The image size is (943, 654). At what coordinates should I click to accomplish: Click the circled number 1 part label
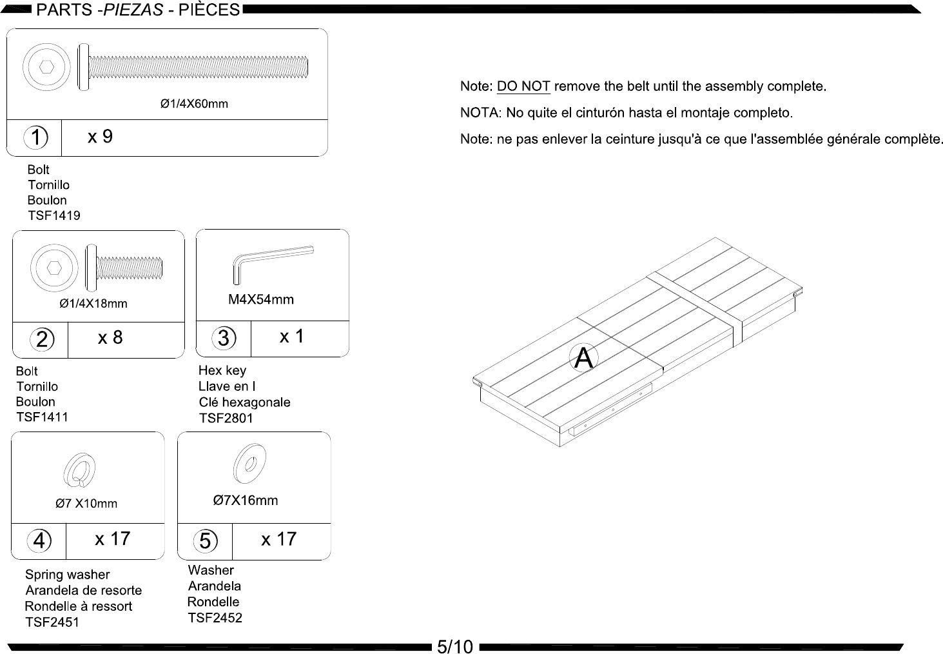point(36,137)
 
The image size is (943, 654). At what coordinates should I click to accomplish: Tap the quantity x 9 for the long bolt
point(100,137)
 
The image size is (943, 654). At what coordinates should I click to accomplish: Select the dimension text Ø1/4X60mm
point(194,104)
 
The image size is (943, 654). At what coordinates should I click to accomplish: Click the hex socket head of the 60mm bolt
point(46,67)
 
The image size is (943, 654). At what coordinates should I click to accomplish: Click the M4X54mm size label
point(261,299)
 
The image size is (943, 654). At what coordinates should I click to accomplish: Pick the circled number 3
point(224,338)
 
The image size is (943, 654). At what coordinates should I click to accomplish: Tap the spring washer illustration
point(79,470)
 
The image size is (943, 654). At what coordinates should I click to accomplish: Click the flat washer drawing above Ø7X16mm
point(249,463)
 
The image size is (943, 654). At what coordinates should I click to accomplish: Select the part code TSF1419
point(54,215)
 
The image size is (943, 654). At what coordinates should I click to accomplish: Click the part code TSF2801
point(226,418)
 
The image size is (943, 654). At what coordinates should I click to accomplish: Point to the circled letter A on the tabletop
point(583,357)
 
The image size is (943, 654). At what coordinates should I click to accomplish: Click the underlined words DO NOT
point(523,86)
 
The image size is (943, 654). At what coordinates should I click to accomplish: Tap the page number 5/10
point(455,646)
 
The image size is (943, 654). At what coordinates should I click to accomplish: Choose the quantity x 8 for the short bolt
point(110,338)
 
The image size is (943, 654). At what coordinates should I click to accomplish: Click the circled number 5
point(206,540)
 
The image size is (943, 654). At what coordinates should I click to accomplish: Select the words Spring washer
point(67,575)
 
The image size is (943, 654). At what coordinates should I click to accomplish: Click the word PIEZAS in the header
point(133,10)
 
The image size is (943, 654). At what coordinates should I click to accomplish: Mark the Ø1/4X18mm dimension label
point(93,304)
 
